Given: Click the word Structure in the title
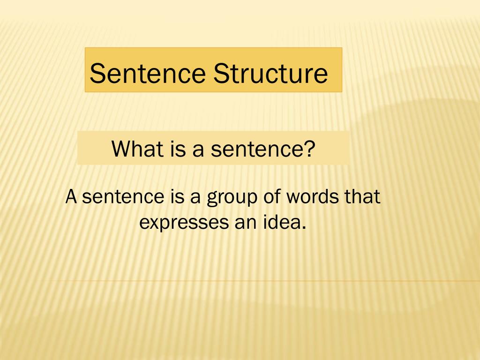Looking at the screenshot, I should [270, 74].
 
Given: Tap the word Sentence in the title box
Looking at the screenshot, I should [148, 74].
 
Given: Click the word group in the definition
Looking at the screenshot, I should [232, 197].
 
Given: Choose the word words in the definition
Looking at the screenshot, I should [313, 196].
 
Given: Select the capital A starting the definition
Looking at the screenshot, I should [71, 196].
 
